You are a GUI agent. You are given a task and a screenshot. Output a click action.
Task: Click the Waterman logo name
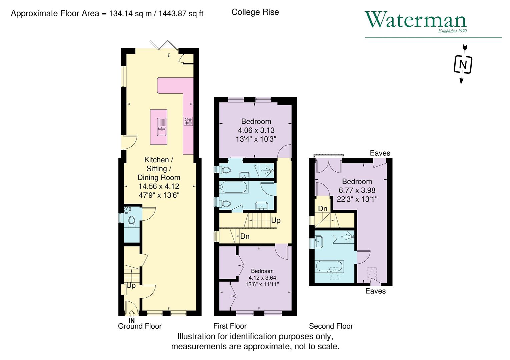tap(416, 20)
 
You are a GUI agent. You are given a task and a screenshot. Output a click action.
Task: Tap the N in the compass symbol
tap(463, 64)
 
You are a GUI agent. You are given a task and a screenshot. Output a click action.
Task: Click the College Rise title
tap(255, 12)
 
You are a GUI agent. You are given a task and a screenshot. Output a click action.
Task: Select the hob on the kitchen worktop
tap(188, 121)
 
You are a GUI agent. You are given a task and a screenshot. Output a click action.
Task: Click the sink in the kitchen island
tap(162, 127)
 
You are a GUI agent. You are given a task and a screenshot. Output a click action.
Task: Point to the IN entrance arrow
tap(131, 314)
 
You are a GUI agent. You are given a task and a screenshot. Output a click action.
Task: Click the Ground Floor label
tap(140, 326)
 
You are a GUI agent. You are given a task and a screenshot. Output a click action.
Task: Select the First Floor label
tap(230, 326)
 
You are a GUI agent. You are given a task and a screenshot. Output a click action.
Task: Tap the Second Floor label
tap(331, 326)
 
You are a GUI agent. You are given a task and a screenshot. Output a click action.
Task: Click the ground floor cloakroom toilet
tap(131, 221)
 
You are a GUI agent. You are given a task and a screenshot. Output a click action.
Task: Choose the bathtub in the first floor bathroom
tap(233, 187)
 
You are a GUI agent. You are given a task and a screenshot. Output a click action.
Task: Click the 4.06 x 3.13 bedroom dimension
tap(256, 130)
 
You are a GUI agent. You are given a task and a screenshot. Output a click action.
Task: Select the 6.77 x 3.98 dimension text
tap(357, 190)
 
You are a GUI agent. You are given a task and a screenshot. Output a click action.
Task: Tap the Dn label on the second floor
tap(323, 209)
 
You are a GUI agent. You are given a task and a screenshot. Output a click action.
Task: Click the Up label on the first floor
tap(276, 221)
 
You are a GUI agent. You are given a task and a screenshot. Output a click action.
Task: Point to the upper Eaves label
tap(380, 153)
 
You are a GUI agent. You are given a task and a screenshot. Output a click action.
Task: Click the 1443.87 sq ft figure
tap(181, 14)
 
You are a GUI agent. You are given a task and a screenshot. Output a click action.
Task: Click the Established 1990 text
tap(452, 31)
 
